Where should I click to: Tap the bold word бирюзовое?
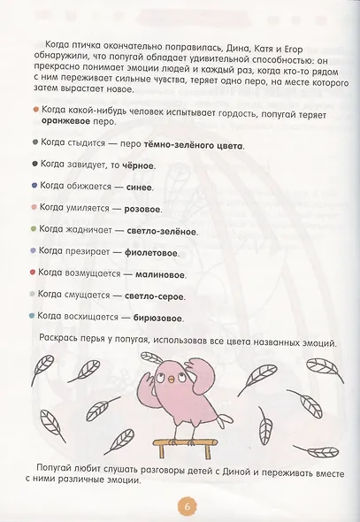[x=156, y=317]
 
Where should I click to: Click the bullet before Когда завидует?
[x=33, y=164]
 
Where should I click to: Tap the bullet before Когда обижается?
[x=33, y=186]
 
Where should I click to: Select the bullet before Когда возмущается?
[x=33, y=273]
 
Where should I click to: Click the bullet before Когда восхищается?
[x=33, y=316]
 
